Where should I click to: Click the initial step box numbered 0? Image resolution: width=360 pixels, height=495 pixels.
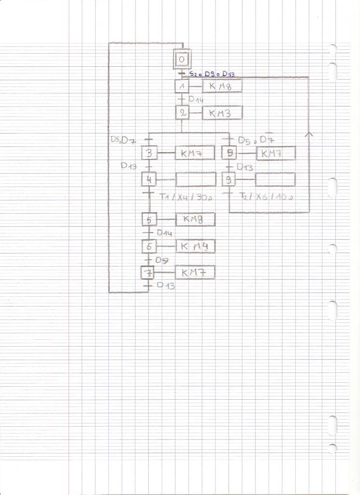182,59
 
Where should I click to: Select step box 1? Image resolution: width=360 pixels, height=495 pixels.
182,87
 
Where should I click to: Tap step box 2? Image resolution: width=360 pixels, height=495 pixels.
182,113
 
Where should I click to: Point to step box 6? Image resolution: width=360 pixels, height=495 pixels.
149,247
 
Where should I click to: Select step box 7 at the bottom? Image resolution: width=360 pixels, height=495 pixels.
148,273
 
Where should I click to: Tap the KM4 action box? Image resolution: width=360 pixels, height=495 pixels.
195,247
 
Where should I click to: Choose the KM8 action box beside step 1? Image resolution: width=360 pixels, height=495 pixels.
222,87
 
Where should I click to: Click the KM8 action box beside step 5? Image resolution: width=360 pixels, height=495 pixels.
195,219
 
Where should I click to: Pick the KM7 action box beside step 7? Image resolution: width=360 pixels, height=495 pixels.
195,273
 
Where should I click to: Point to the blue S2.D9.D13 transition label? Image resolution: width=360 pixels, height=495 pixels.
212,74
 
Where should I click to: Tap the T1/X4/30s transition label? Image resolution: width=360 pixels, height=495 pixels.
186,197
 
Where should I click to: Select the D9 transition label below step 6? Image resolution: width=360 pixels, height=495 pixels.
161,260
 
